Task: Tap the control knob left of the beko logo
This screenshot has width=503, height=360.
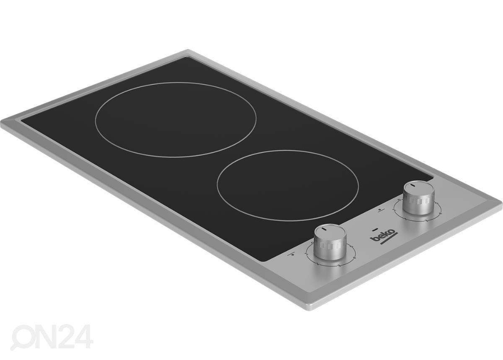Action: pos(330,242)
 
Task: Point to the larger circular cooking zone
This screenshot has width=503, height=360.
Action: pos(176,119)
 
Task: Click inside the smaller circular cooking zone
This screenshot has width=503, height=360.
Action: pos(288,185)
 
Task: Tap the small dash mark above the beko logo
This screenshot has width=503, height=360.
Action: pos(375,230)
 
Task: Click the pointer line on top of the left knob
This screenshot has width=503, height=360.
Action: pos(325,229)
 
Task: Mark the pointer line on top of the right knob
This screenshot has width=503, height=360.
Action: pos(413,185)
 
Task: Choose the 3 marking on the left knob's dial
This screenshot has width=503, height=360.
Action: pos(339,266)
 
